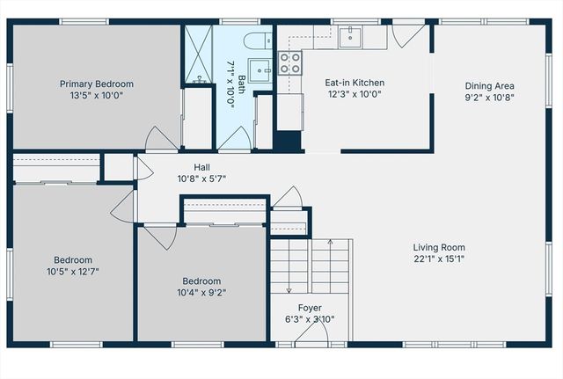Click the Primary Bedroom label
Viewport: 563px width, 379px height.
click(97, 84)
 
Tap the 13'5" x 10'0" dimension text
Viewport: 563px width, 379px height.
click(97, 96)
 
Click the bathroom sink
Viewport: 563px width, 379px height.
click(259, 69)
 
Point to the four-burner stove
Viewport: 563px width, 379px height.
click(289, 62)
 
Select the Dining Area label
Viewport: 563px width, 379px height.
click(489, 86)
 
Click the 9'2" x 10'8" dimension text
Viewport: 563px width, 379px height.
click(489, 98)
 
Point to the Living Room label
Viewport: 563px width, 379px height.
click(440, 247)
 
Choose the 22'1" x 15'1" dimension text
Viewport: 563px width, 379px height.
click(440, 259)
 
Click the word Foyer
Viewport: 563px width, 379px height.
click(309, 308)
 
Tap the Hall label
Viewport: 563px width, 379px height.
click(202, 166)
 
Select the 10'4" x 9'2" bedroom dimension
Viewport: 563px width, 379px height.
click(201, 293)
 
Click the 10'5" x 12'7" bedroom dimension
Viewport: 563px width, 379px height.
click(72, 271)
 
